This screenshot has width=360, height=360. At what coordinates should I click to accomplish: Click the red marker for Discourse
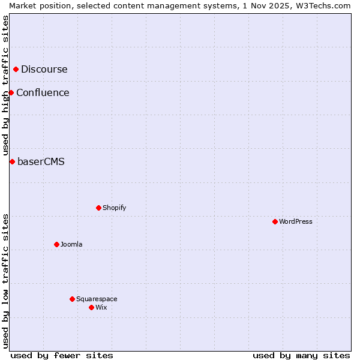click(16, 70)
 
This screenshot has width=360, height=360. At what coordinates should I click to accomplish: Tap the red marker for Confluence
click(11, 92)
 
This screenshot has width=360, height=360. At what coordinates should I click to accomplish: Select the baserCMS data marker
click(12, 161)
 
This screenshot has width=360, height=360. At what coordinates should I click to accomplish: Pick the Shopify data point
click(98, 208)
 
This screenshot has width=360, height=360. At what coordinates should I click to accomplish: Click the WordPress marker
click(275, 221)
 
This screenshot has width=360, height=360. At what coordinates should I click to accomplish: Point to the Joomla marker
click(56, 244)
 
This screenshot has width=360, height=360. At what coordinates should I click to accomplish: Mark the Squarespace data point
click(72, 299)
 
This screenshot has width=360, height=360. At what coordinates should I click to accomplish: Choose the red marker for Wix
click(91, 307)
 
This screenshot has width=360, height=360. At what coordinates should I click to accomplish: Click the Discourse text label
click(44, 70)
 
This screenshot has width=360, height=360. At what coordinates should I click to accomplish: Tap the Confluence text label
click(43, 92)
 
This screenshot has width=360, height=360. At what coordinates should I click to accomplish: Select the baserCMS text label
click(41, 161)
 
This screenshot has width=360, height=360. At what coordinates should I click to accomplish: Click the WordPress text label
click(296, 221)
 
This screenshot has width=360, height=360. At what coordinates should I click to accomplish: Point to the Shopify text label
click(115, 208)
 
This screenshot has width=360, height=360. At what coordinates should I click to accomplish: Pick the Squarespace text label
click(97, 299)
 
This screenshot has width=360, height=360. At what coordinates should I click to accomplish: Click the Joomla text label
click(71, 244)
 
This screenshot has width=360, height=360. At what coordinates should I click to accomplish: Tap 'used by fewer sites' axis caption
click(62, 355)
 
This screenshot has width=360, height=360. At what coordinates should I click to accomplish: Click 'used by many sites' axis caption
click(301, 355)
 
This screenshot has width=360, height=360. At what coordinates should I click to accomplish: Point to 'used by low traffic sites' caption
click(5, 281)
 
